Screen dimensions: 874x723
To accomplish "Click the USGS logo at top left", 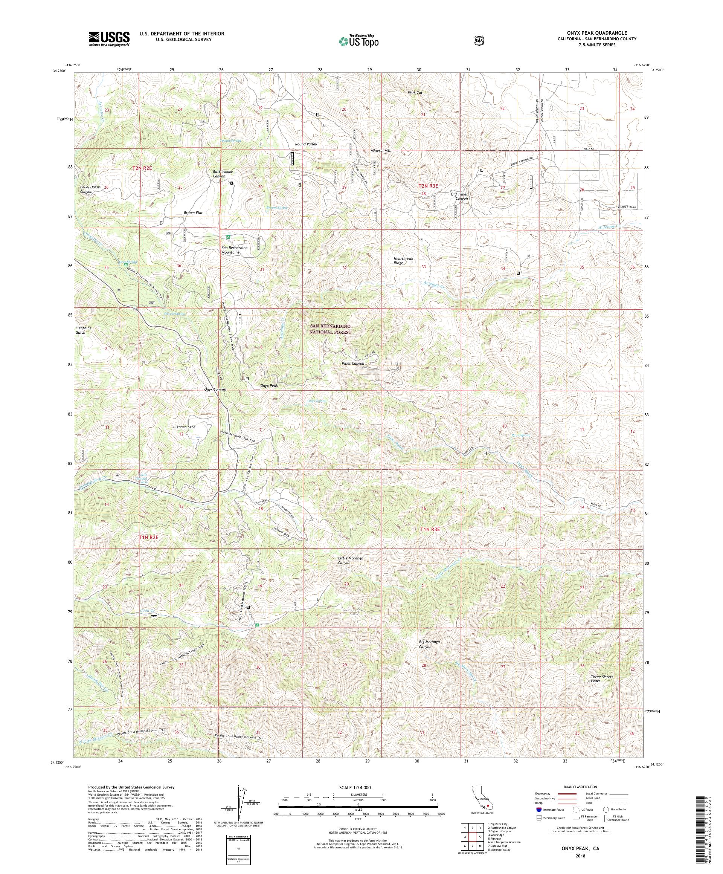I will pos(109,39).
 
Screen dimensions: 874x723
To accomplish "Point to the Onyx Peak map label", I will pos(269,385).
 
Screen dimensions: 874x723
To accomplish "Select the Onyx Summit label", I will pos(215,389).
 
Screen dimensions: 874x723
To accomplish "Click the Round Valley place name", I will pos(306,144).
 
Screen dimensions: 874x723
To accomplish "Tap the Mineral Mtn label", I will pos(381,150).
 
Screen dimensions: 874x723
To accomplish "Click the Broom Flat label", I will pos(193,213).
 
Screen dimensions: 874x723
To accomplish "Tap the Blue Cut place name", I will pos(415,92).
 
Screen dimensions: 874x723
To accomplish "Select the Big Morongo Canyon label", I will pos(429,656).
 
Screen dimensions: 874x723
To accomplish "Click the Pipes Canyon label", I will pos(353,363).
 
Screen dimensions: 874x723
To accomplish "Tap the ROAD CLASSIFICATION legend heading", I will pos(580,787).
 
